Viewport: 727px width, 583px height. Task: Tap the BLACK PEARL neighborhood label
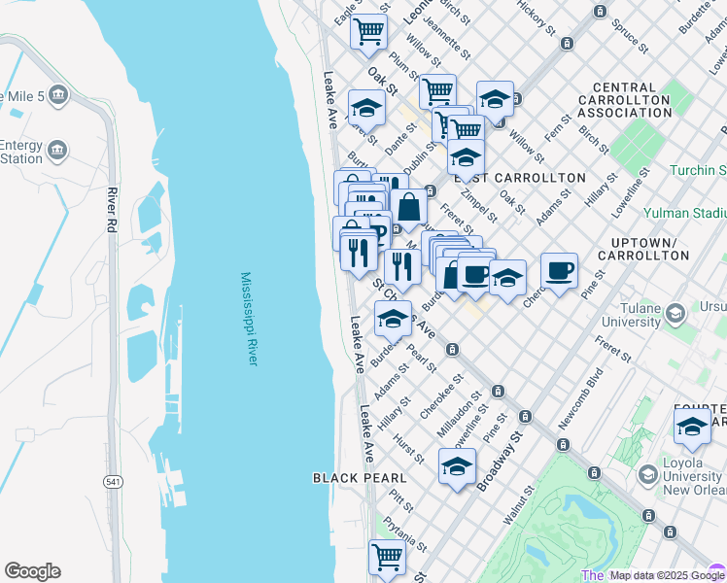point(360,478)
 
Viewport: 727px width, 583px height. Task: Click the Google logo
point(32,571)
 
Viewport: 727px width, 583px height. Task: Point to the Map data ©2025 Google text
point(666,575)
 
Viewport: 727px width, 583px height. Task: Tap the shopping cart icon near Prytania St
point(387,557)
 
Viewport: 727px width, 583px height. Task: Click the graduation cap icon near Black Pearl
point(457,467)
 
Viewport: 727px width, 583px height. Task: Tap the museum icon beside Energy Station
point(58,150)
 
